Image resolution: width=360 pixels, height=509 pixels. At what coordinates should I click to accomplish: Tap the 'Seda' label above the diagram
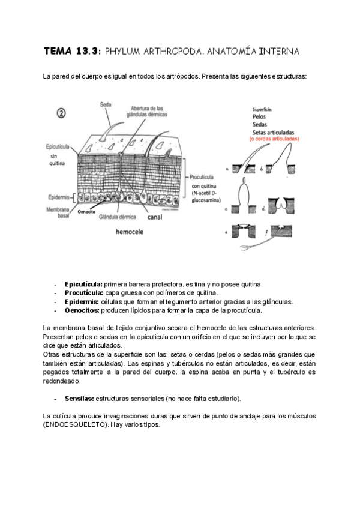[106, 104]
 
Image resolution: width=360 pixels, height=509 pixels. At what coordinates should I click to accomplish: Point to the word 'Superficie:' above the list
[263, 109]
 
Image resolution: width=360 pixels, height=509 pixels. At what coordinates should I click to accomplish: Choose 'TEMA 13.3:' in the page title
[72, 52]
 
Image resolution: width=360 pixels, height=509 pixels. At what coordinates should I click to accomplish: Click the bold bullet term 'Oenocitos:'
[82, 310]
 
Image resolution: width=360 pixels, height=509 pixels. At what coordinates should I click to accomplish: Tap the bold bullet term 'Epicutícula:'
[83, 283]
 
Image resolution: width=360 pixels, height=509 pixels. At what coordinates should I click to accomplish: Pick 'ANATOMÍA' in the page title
[230, 52]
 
